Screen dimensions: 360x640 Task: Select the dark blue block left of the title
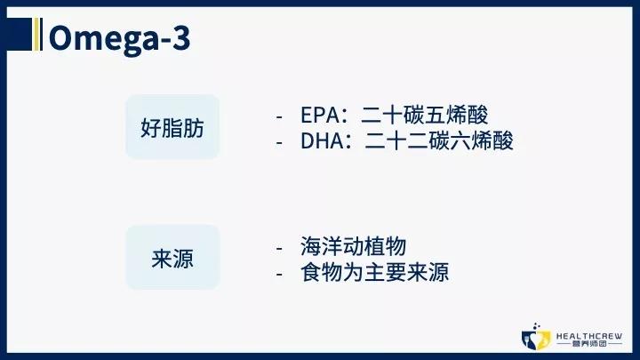coord(20,34)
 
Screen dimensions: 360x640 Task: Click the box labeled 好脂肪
coord(172,127)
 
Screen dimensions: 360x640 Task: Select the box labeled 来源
coord(172,257)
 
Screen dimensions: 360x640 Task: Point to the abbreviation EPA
coord(318,116)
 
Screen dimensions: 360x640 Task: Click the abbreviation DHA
coord(320,140)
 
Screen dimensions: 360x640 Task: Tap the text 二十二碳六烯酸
coord(439,140)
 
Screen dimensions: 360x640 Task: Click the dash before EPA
coord(280,117)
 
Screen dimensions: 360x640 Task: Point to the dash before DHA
coord(280,141)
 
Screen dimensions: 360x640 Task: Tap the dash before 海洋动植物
coord(280,249)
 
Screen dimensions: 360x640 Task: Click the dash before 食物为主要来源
coord(280,273)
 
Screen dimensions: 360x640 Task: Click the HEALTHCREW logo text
coord(588,336)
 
